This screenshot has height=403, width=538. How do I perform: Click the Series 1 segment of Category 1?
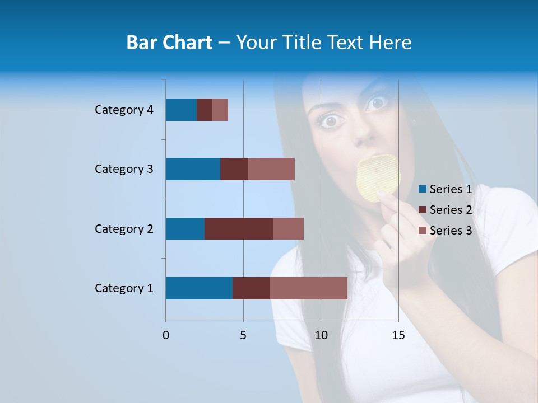pyautogui.click(x=199, y=288)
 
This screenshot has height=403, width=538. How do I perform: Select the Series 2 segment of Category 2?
pyautogui.click(x=239, y=228)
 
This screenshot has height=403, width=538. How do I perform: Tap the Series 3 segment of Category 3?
pyautogui.click(x=271, y=169)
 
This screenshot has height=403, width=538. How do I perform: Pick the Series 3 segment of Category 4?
pyautogui.click(x=220, y=110)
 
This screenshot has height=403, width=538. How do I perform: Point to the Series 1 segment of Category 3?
pyautogui.click(x=193, y=169)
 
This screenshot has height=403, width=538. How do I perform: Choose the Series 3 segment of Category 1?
pyautogui.click(x=308, y=288)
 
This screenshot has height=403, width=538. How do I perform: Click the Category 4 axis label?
pyautogui.click(x=124, y=110)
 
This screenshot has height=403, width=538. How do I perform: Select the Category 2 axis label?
pyautogui.click(x=124, y=229)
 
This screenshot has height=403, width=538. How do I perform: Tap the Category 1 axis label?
pyautogui.click(x=124, y=288)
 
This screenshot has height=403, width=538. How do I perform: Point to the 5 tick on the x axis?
pyautogui.click(x=243, y=335)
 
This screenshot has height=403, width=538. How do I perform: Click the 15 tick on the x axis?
pyautogui.click(x=398, y=335)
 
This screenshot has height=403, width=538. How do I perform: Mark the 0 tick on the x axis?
pyautogui.click(x=166, y=335)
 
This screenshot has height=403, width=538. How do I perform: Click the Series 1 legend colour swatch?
pyautogui.click(x=423, y=189)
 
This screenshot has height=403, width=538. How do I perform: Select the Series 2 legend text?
pyautogui.click(x=451, y=210)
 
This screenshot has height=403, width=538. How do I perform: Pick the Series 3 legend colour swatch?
pyautogui.click(x=423, y=231)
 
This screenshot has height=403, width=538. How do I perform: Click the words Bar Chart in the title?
pyautogui.click(x=169, y=43)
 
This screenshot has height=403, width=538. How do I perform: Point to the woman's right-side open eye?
pyautogui.click(x=377, y=103)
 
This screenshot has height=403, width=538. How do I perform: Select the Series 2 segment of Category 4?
pyautogui.click(x=205, y=110)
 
